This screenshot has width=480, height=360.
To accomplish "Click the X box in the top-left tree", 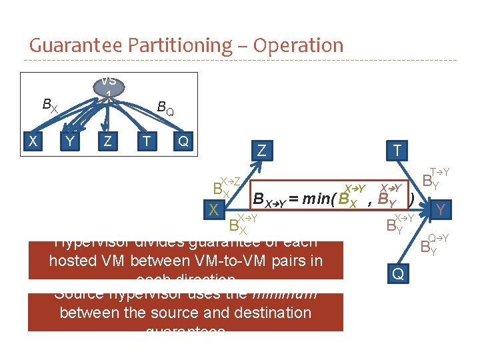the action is tap(32, 141).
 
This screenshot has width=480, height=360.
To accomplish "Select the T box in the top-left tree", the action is tap(146, 141).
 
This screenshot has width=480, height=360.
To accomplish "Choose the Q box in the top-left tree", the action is tap(183, 141).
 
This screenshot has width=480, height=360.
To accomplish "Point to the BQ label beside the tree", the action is tap(165, 107).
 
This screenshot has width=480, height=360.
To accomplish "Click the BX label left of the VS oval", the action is tap(50, 105).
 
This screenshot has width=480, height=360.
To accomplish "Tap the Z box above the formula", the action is tap(261, 151).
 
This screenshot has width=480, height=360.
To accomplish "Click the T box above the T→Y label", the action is tap(398, 151).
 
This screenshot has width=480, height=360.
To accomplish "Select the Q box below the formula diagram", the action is tap(398, 273).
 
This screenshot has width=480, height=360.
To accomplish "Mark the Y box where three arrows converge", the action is tap(439, 211).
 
